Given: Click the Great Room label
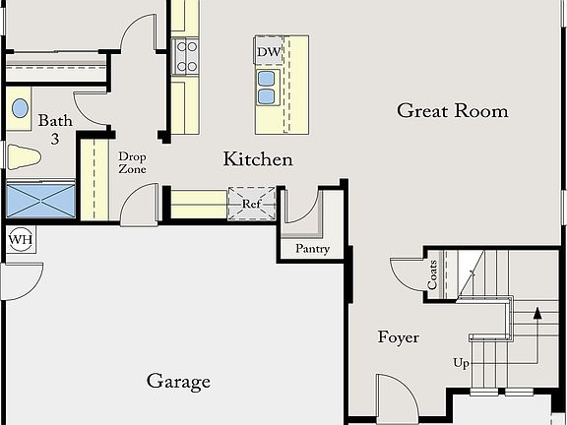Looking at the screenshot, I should pyautogui.click(x=453, y=110).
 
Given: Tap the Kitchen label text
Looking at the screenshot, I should pyautogui.click(x=258, y=159).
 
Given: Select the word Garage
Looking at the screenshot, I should pyautogui.click(x=178, y=381).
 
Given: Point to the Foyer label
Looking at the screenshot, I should pyautogui.click(x=399, y=337).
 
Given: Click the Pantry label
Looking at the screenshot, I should pyautogui.click(x=313, y=249).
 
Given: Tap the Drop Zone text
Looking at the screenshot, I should pyautogui.click(x=132, y=163).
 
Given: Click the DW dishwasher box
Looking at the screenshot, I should pyautogui.click(x=269, y=52).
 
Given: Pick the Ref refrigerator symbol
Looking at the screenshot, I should pyautogui.click(x=251, y=205).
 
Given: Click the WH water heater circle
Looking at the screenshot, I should pyautogui.click(x=20, y=240).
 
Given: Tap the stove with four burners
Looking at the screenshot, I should pyautogui.click(x=186, y=56).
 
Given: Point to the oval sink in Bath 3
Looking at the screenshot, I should pyautogui.click(x=19, y=110).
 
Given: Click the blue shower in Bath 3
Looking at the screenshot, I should pyautogui.click(x=40, y=199).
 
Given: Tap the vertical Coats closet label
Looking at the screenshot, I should pyautogui.click(x=433, y=275).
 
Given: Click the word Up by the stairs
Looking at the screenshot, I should pyautogui.click(x=461, y=363).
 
